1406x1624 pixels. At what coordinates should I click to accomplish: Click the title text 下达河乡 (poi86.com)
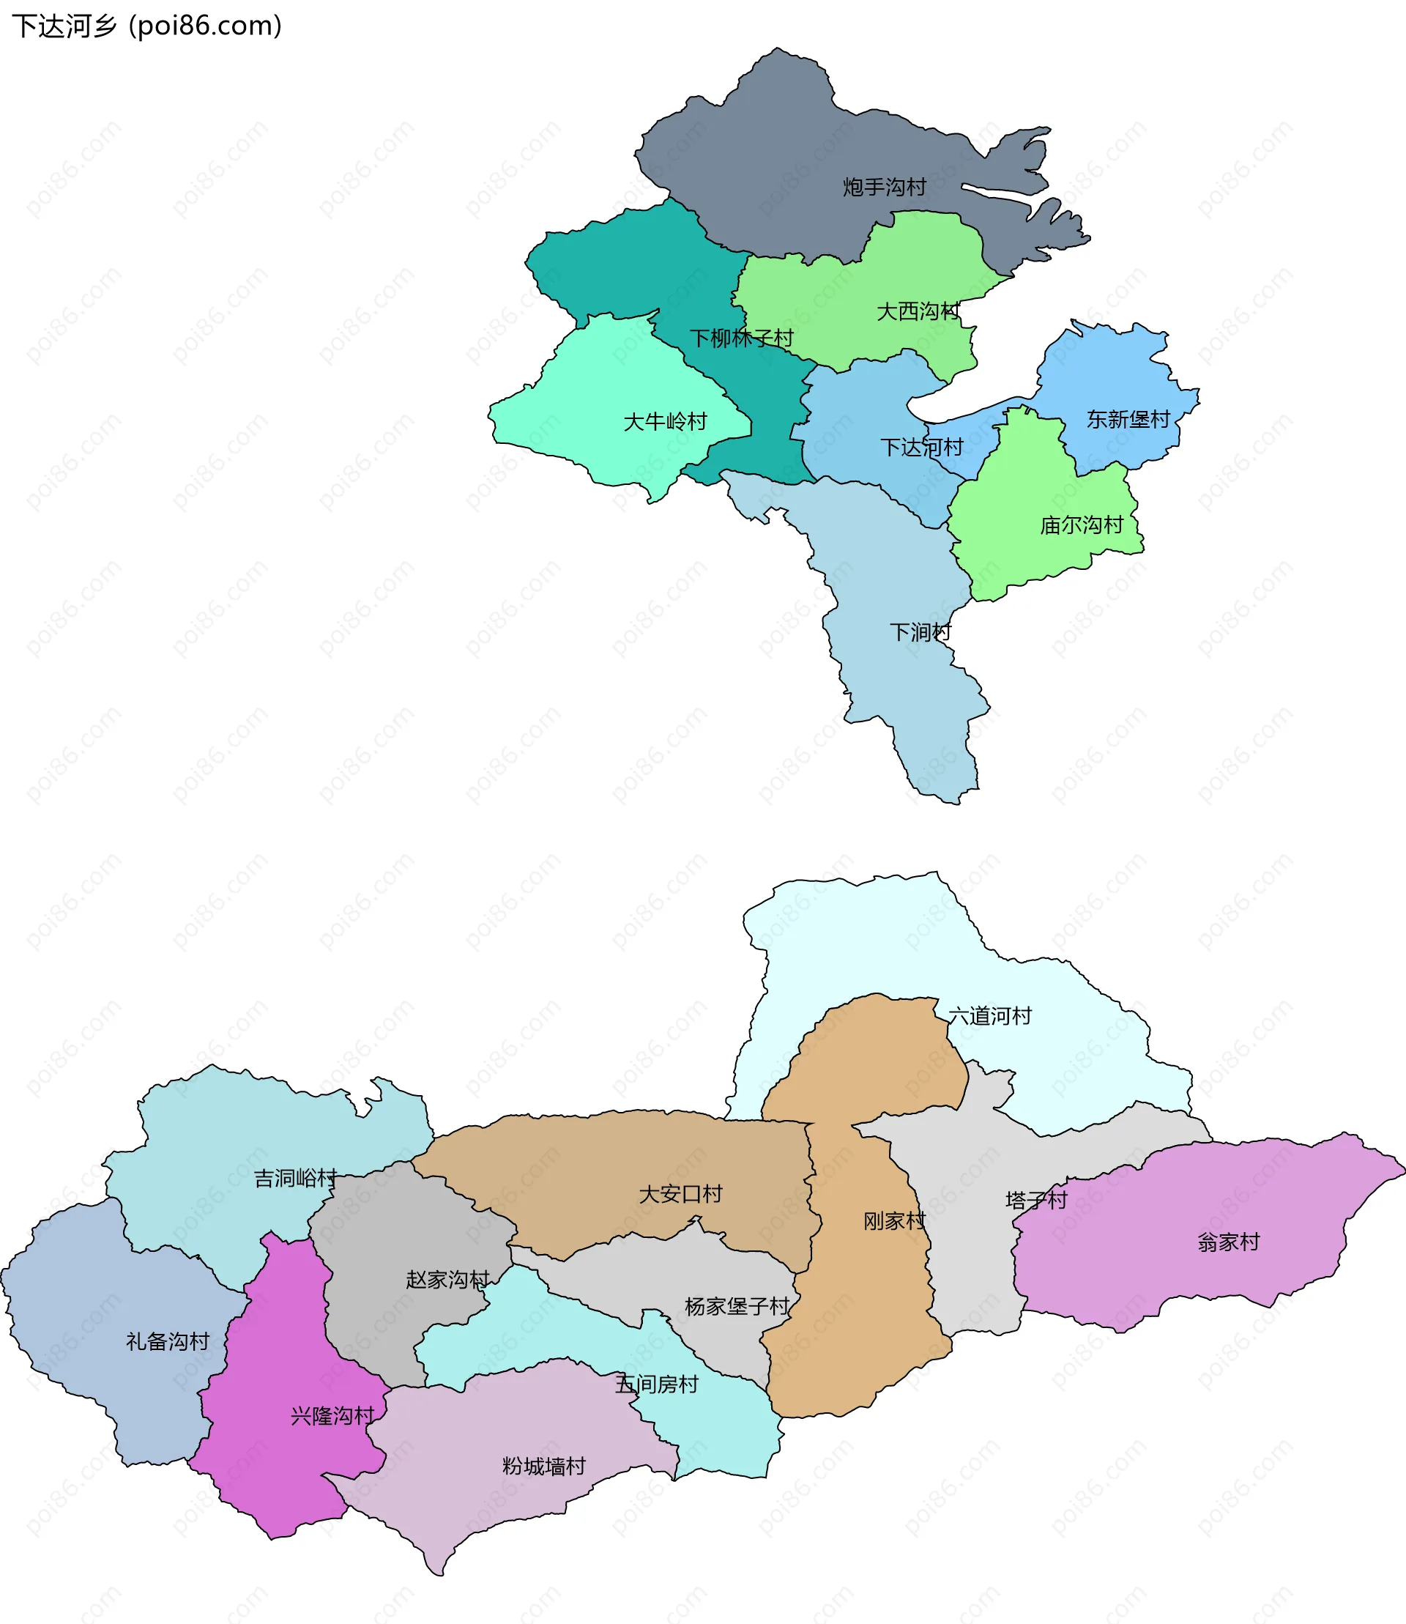146,26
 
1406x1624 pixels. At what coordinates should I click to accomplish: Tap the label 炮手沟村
885,188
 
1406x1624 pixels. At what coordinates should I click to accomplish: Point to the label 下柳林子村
741,338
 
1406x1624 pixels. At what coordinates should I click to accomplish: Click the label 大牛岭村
665,421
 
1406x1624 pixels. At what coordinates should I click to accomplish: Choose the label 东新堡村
1128,419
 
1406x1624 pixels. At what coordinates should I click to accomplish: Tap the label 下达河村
921,448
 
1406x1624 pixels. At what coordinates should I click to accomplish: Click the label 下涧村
920,632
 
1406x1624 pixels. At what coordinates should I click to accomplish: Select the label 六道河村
989,1016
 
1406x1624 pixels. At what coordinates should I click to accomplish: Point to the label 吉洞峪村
295,1178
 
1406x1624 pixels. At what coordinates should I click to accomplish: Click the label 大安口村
680,1194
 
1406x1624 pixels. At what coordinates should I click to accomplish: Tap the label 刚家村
894,1220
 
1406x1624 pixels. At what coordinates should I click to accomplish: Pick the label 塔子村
1035,1200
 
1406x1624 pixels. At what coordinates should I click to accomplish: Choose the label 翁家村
1228,1242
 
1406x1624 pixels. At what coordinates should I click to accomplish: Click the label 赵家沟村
447,1280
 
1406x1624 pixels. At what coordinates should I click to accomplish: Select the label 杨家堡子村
737,1306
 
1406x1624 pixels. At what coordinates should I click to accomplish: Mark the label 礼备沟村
168,1341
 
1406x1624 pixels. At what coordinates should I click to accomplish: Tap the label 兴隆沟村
332,1415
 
